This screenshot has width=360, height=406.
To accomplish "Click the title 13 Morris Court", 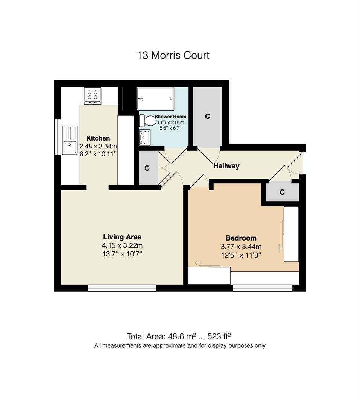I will (x=173, y=55).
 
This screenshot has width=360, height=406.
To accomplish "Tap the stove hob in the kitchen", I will (x=93, y=95).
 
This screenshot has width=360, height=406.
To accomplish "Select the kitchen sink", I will (x=70, y=140).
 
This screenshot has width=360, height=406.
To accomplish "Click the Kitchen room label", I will (x=98, y=138).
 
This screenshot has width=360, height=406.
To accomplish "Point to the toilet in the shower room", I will (x=148, y=121).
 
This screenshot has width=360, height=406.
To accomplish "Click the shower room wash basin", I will (x=144, y=137).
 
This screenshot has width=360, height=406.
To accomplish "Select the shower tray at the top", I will (x=155, y=98).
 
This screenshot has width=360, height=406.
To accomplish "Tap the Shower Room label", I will (x=170, y=117).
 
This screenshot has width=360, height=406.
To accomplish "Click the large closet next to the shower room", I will (x=207, y=117).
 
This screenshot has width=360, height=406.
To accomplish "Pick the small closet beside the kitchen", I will (x=147, y=168).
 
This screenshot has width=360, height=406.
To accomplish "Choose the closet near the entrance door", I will (x=282, y=192).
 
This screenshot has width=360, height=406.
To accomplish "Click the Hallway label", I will (x=226, y=166).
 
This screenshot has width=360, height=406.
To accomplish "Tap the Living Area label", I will (x=122, y=237).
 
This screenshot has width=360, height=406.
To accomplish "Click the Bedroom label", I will (x=241, y=238).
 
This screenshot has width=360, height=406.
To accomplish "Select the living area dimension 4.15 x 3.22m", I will (x=122, y=246).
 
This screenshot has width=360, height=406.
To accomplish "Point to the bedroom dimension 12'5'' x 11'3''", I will (x=241, y=255).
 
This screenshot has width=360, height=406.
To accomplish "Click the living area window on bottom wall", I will (x=122, y=288).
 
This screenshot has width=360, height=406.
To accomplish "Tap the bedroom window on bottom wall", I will (x=263, y=288).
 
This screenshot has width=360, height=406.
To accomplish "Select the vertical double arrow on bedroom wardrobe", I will (x=279, y=248).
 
